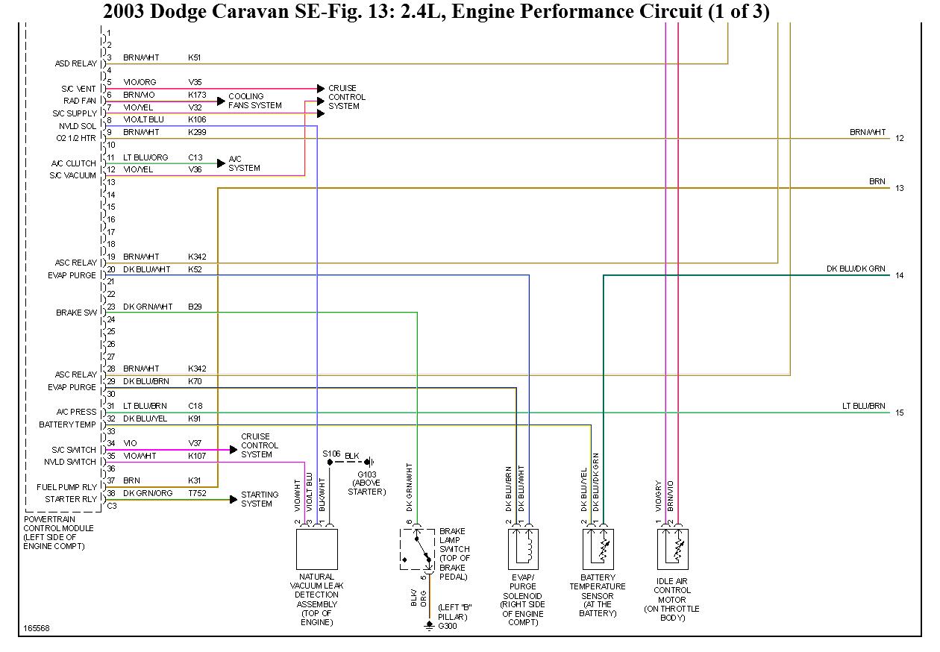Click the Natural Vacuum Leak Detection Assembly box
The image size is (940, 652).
click(x=317, y=549)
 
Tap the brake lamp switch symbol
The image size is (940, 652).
click(x=417, y=549)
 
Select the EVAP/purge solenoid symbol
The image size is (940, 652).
click(x=523, y=549)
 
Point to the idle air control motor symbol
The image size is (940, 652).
click(x=672, y=549)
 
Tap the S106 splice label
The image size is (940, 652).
click(x=331, y=454)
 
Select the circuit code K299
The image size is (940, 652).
click(x=197, y=132)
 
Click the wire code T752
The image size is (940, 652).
click(x=197, y=493)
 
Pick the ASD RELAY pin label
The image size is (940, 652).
click(x=75, y=63)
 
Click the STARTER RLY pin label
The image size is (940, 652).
click(x=71, y=499)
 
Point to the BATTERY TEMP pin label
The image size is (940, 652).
click(x=67, y=424)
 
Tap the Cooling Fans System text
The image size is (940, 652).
click(x=254, y=101)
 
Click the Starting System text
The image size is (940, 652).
click(x=260, y=499)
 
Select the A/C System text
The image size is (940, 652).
click(x=244, y=163)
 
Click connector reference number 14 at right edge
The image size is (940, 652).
click(x=900, y=275)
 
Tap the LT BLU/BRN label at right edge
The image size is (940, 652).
click(x=863, y=406)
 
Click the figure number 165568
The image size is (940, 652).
click(x=36, y=628)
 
